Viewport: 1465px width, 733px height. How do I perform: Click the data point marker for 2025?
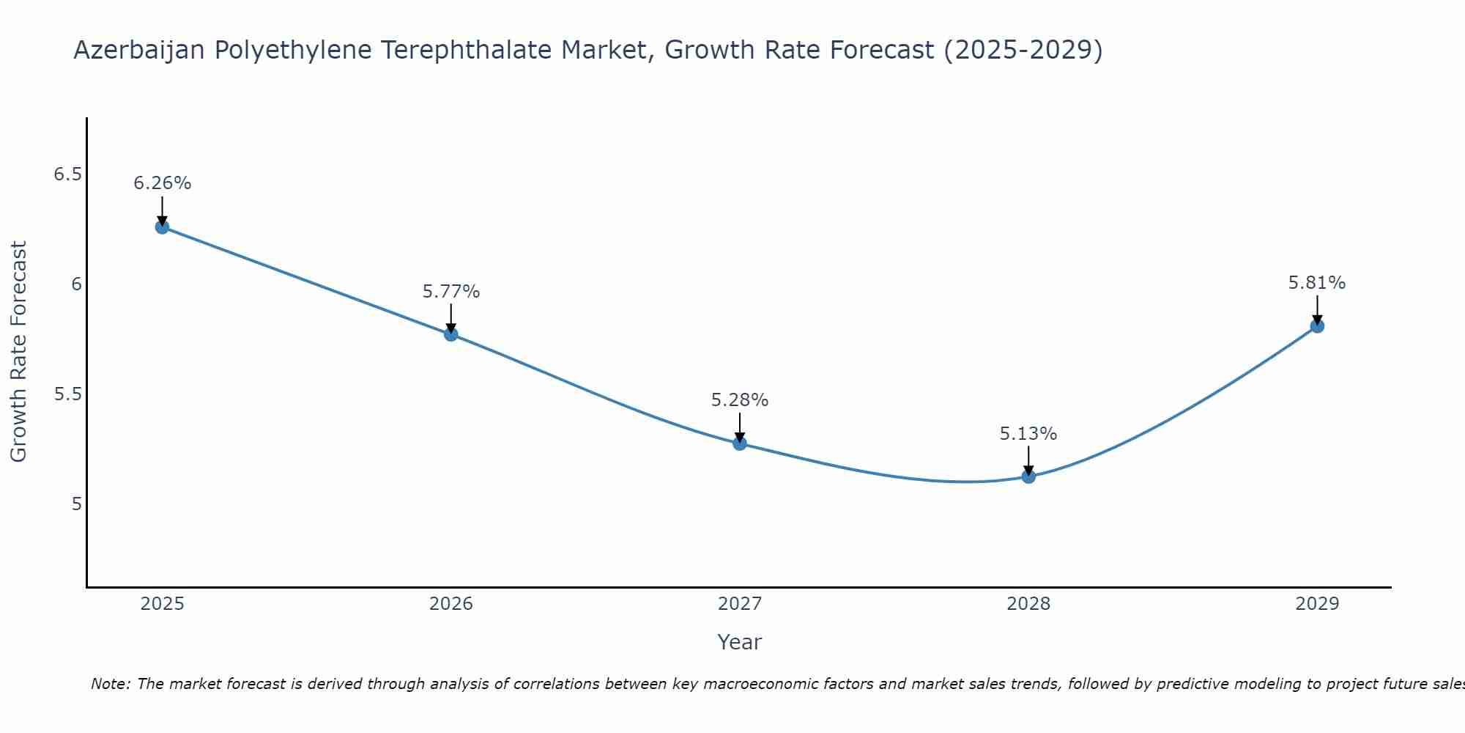click(162, 226)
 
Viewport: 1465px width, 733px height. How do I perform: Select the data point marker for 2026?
click(451, 334)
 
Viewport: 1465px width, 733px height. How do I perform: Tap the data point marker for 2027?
click(740, 443)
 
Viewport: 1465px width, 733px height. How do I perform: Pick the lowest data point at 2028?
click(1028, 476)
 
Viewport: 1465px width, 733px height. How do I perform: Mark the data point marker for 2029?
click(1317, 326)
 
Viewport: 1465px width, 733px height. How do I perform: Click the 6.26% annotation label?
click(162, 183)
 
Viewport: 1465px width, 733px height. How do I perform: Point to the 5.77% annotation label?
click(451, 292)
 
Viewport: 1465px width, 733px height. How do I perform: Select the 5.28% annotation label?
click(740, 400)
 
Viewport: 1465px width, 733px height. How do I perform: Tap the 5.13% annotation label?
click(1028, 434)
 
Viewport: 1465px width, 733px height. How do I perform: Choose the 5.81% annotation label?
click(1317, 283)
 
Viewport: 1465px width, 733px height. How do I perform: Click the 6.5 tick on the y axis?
click(67, 174)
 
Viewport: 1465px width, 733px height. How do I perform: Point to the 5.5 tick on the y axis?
click(67, 394)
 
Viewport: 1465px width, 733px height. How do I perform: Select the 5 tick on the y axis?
click(76, 504)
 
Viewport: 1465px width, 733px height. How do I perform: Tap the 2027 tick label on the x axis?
click(740, 604)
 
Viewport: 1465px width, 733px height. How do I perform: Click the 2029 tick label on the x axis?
click(1317, 604)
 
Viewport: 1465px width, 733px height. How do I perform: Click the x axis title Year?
click(740, 642)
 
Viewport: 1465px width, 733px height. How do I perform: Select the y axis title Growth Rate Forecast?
click(19, 352)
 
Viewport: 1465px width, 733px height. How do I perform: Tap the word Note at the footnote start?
click(110, 684)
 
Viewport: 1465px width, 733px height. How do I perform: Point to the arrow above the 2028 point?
click(1028, 460)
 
